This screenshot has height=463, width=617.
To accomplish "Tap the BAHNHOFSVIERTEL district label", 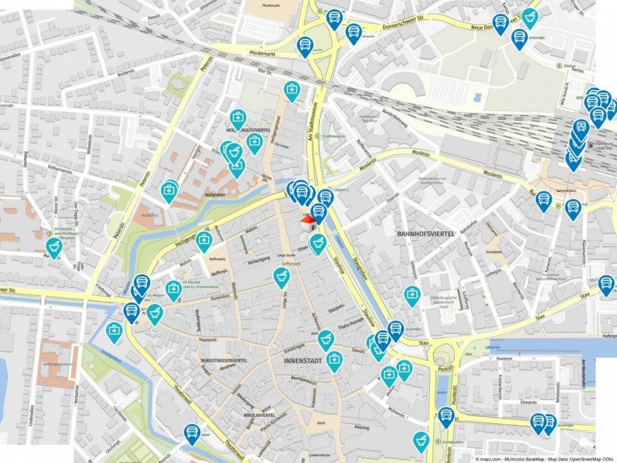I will coord(426,234).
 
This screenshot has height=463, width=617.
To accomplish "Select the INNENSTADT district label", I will coord(303,361).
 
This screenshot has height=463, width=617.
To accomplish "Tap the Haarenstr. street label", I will coord(209,340).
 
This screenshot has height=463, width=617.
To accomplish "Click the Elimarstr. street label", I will coord(512,404).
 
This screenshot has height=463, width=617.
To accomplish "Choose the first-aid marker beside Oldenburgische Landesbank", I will coord(412,295).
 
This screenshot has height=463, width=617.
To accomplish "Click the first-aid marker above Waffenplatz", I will coord(204,240).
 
